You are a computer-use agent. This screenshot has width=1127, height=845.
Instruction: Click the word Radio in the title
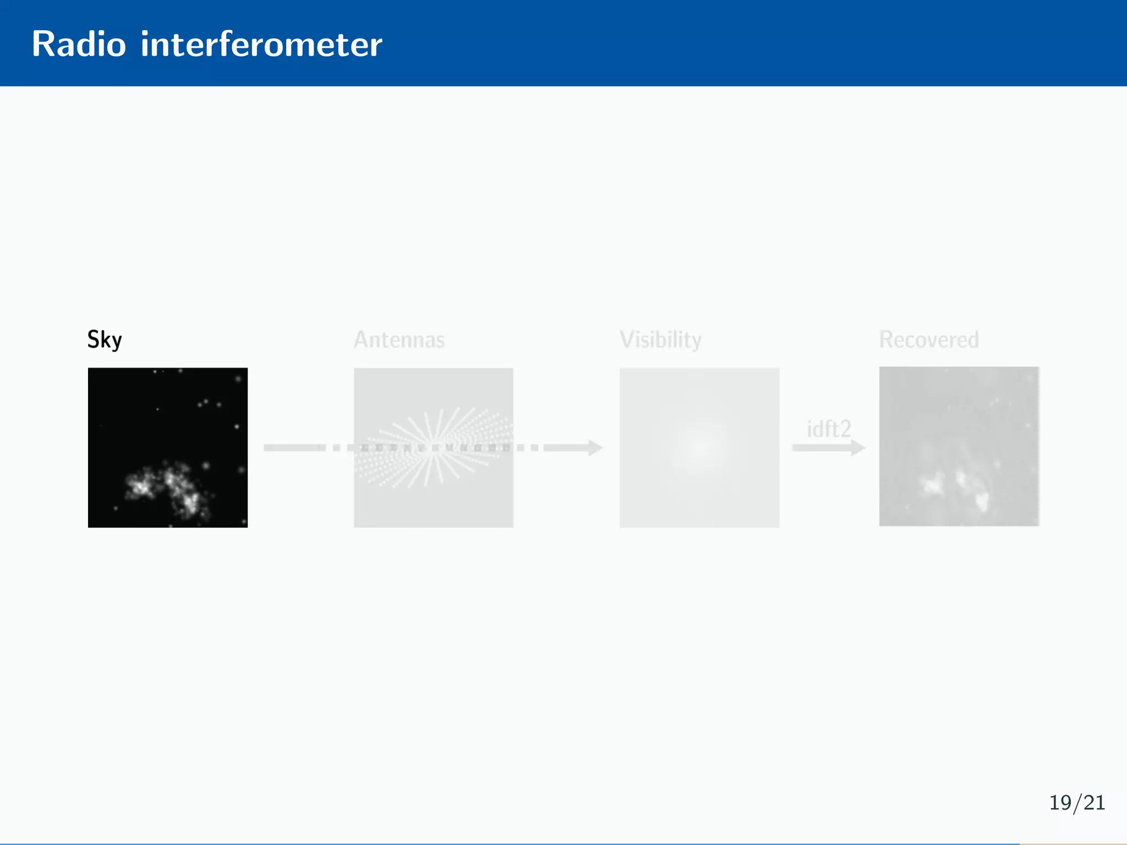79,44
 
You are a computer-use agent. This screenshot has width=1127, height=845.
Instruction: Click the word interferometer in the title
261,44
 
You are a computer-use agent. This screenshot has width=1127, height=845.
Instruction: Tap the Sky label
105,339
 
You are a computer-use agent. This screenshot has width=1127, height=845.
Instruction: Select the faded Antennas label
399,339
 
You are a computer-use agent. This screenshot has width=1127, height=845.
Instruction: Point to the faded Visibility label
660,339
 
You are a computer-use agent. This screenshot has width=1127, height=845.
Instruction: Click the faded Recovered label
929,339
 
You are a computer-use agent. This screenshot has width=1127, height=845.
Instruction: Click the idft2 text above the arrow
829,429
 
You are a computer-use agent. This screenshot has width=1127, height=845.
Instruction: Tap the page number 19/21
1077,803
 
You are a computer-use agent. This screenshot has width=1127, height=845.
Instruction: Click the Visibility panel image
699,495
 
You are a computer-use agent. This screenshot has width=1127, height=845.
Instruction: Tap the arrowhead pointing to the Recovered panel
858,447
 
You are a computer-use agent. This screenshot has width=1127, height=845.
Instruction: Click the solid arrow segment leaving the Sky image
292,447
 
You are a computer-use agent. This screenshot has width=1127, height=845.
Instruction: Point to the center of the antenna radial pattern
435,447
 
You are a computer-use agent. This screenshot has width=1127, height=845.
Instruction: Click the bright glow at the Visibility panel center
699,447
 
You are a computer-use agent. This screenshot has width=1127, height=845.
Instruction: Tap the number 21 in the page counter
1094,803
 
